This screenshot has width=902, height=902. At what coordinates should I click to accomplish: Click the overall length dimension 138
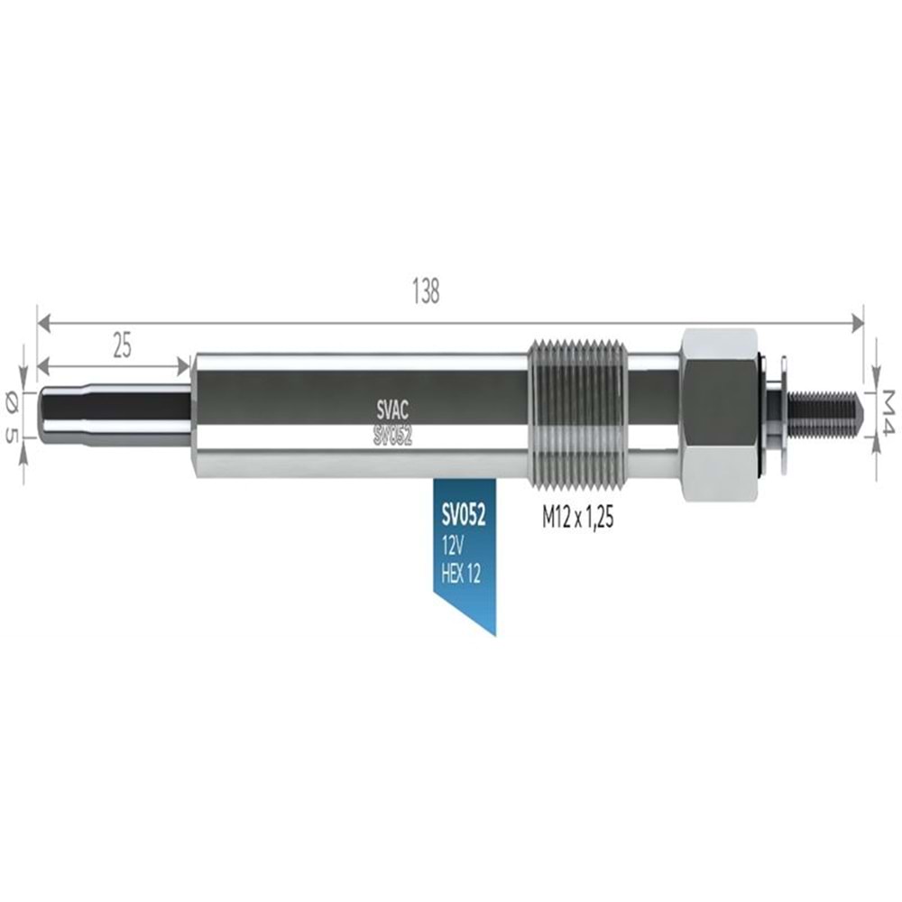pyautogui.click(x=425, y=292)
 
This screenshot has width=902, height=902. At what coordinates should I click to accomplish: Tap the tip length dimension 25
pyautogui.click(x=122, y=345)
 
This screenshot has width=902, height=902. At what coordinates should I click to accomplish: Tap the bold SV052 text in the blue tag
pyautogui.click(x=464, y=517)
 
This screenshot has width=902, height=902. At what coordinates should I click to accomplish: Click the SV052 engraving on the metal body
pyautogui.click(x=392, y=436)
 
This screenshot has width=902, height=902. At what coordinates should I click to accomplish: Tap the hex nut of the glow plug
pyautogui.click(x=720, y=414)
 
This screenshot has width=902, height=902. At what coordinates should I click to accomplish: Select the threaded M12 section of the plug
pyautogui.click(x=577, y=414)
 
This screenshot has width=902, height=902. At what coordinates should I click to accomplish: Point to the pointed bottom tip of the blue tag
pyautogui.click(x=494, y=632)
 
